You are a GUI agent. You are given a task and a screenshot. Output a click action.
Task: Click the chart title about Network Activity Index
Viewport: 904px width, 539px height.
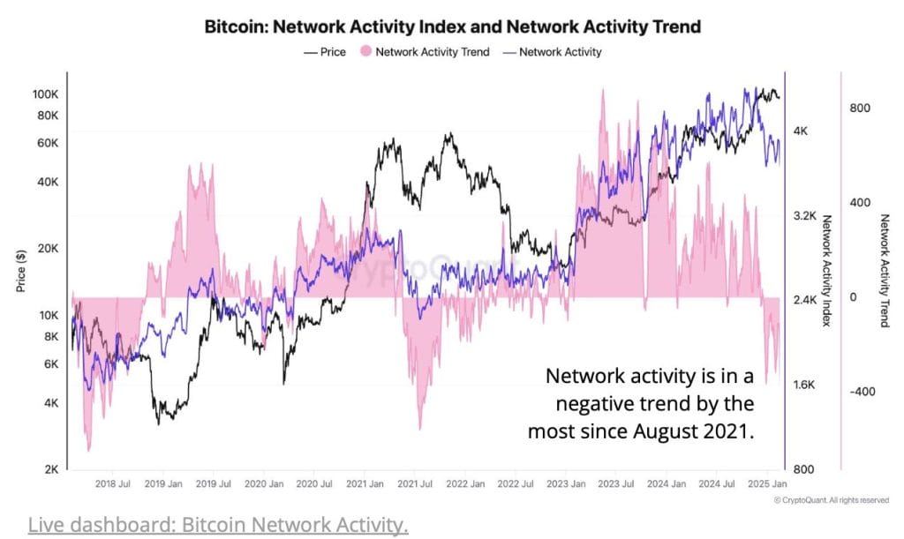[x=452, y=26]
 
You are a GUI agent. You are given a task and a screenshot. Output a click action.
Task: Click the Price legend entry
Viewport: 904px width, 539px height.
[x=324, y=52]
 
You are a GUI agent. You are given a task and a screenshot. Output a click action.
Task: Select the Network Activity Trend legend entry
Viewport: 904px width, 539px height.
[x=425, y=52]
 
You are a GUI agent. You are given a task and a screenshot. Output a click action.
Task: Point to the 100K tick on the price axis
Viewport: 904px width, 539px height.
[x=45, y=94]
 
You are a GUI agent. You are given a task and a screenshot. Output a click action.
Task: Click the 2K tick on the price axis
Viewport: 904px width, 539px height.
[x=51, y=469]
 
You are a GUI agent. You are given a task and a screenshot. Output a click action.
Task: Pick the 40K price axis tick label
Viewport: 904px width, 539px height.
[x=49, y=182]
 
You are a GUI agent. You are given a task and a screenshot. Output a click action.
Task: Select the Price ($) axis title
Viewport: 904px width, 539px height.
[x=19, y=268]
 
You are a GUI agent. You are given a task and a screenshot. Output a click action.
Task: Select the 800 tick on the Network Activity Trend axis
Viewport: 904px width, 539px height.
[x=861, y=108]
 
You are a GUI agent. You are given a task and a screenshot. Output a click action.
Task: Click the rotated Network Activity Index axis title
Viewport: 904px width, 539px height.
[x=827, y=270]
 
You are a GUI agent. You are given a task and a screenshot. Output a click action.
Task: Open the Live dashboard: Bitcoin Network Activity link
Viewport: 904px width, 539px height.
[x=218, y=525]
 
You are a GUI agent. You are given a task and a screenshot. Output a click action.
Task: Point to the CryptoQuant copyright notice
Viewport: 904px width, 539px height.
[x=831, y=500]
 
